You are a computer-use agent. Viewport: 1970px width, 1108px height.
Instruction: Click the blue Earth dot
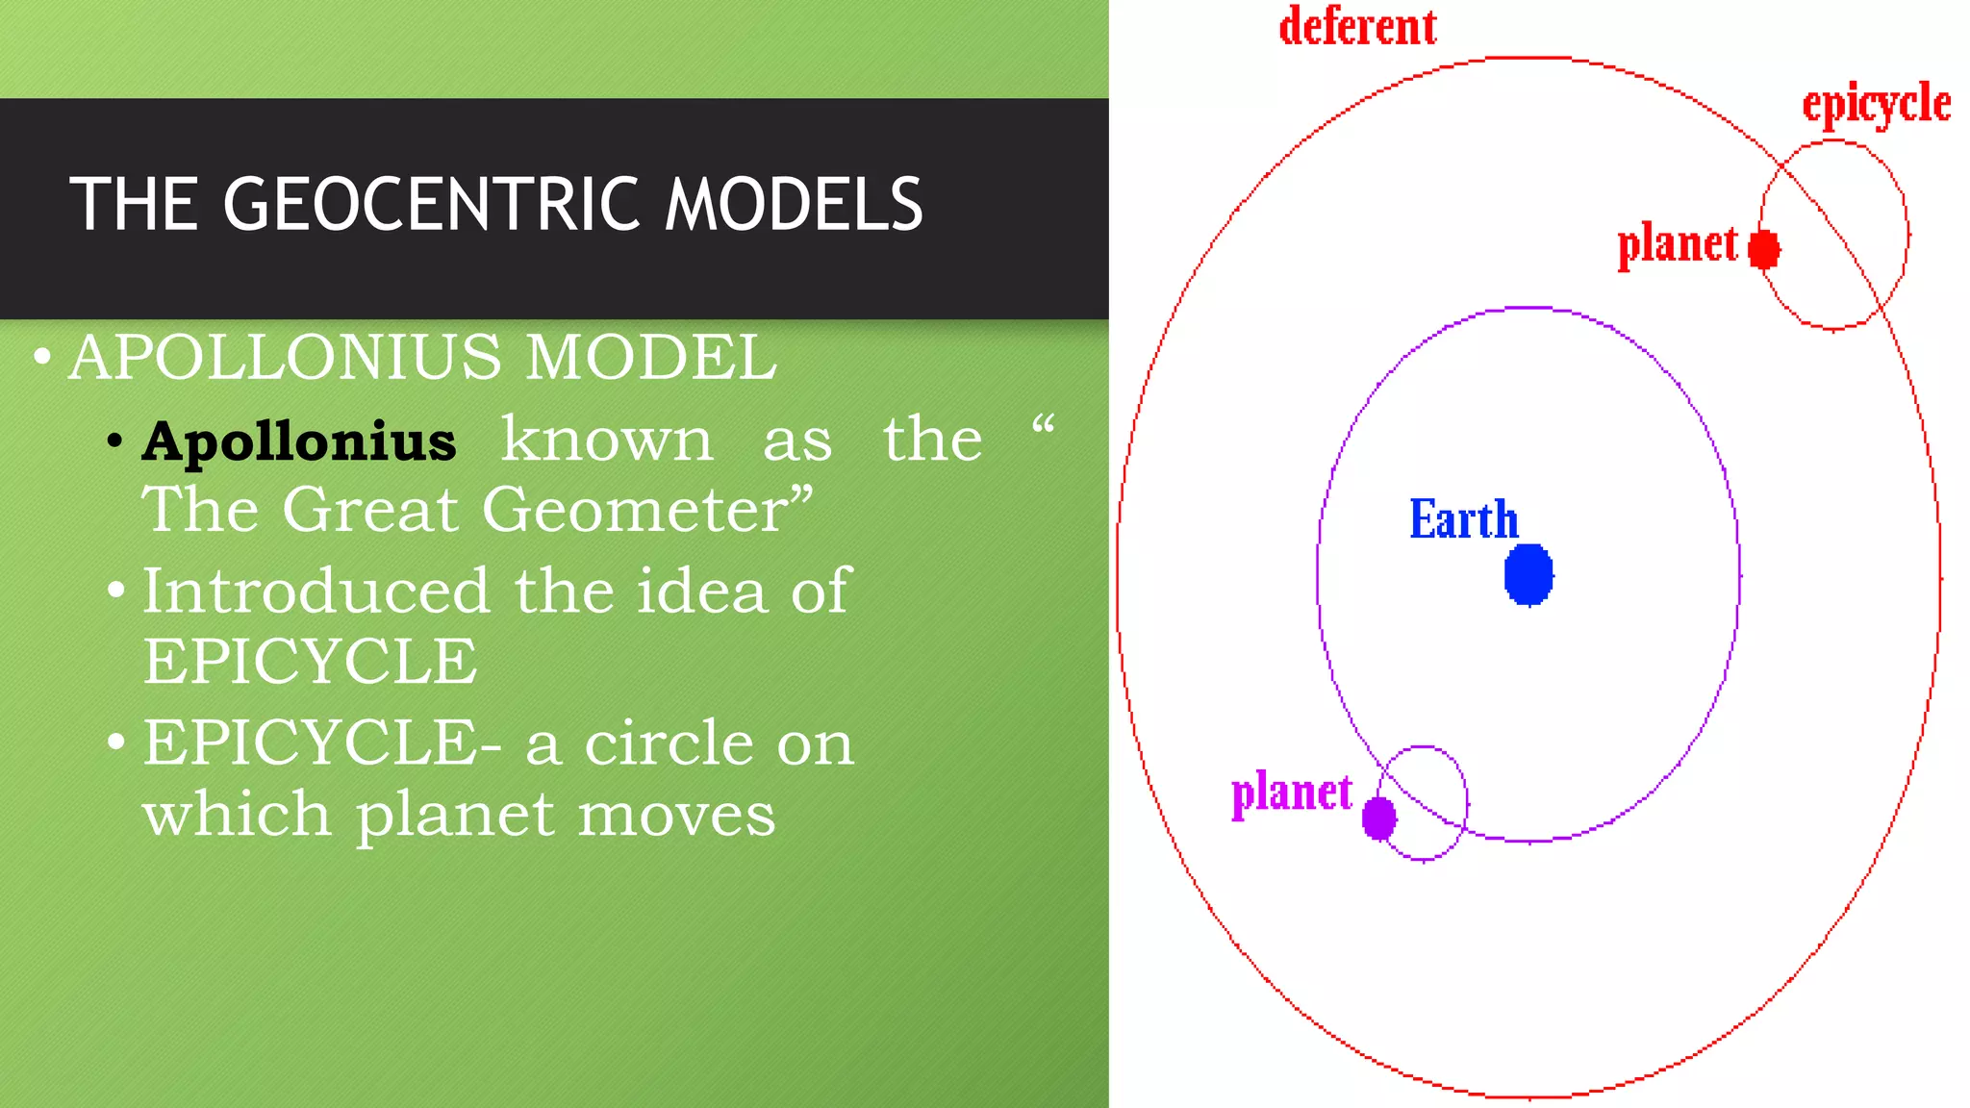click(x=1528, y=574)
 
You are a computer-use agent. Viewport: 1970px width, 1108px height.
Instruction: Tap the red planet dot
click(x=1764, y=249)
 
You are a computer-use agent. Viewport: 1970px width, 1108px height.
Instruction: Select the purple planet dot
click(x=1379, y=818)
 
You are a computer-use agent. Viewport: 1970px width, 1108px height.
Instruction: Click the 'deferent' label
click(x=1357, y=27)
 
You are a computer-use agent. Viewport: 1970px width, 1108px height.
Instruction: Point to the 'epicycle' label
click(x=1876, y=104)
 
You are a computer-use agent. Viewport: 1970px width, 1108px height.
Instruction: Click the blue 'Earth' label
click(x=1463, y=519)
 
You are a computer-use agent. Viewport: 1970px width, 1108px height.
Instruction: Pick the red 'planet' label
click(x=1678, y=244)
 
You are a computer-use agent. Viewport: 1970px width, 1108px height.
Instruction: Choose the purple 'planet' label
click(x=1292, y=793)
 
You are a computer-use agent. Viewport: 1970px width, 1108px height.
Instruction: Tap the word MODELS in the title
click(x=794, y=205)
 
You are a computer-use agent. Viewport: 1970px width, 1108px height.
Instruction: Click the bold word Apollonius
click(x=299, y=441)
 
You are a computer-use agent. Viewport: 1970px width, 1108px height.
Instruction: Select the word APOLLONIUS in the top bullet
click(x=286, y=357)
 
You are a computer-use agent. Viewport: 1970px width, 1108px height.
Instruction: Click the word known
click(x=607, y=440)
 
